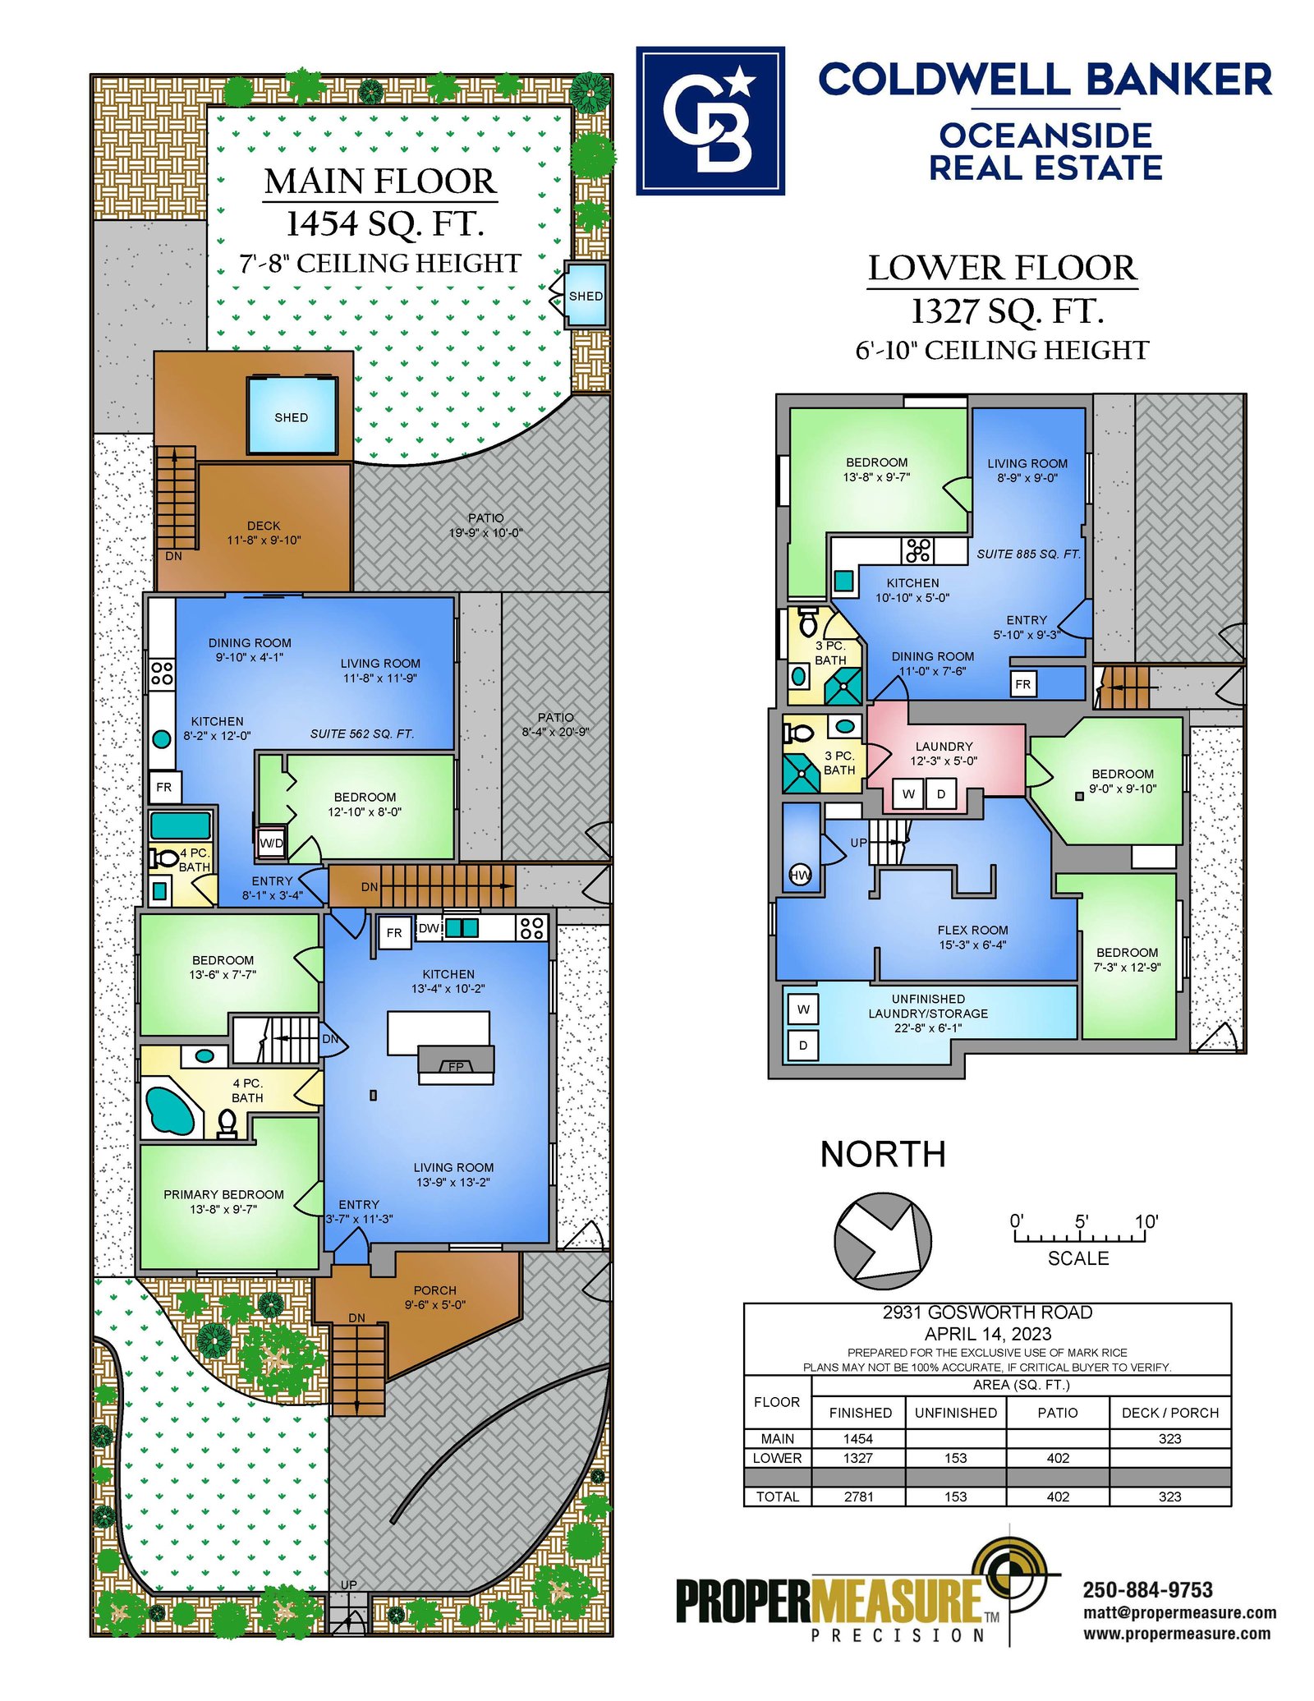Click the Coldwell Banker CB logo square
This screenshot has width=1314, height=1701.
(x=710, y=121)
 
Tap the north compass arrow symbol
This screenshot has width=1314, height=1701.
(x=883, y=1240)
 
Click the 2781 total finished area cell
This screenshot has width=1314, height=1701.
(x=858, y=1496)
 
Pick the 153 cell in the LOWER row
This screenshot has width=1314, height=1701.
(x=955, y=1458)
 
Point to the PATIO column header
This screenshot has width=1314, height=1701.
(x=1058, y=1413)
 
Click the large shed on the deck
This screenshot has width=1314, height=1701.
(x=292, y=416)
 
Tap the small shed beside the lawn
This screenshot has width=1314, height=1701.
(x=586, y=295)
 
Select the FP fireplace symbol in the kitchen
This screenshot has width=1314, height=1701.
(x=456, y=1064)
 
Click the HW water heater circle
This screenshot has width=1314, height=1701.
(x=800, y=875)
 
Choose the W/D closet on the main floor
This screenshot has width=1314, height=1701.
(x=271, y=843)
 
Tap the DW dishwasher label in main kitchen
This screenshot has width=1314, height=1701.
(x=429, y=928)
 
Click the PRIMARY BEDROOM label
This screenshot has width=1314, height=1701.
(x=223, y=1194)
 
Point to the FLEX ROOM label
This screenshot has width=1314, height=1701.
(x=972, y=930)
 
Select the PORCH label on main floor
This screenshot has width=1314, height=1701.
(x=434, y=1290)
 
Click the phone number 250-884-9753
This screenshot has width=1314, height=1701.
(x=1147, y=1590)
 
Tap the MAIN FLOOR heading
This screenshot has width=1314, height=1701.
(x=380, y=182)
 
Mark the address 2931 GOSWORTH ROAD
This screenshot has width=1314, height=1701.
(x=987, y=1313)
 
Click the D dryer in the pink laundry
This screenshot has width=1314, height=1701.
(x=941, y=793)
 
